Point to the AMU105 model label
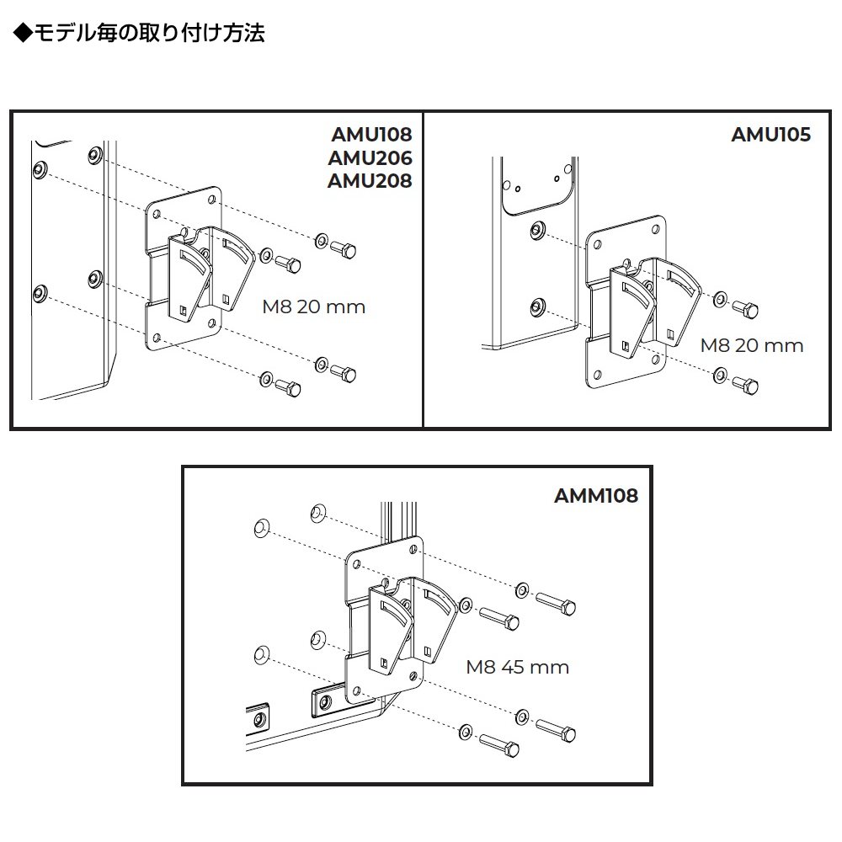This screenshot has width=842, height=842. (770, 135)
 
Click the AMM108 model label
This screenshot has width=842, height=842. (596, 495)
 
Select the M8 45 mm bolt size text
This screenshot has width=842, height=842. (518, 668)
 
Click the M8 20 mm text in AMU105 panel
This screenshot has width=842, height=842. (752, 345)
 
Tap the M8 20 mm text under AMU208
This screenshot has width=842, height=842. (313, 306)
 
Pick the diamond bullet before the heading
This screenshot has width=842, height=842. (23, 34)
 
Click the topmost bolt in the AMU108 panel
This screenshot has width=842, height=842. (345, 248)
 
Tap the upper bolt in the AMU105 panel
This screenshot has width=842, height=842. (744, 308)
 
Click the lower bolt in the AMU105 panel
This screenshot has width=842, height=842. (745, 385)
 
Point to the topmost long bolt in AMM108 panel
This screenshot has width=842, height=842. (556, 603)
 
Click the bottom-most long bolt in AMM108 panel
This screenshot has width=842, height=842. (499, 744)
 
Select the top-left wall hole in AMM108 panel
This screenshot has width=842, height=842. (260, 528)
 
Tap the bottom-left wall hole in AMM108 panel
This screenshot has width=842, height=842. (260, 653)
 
